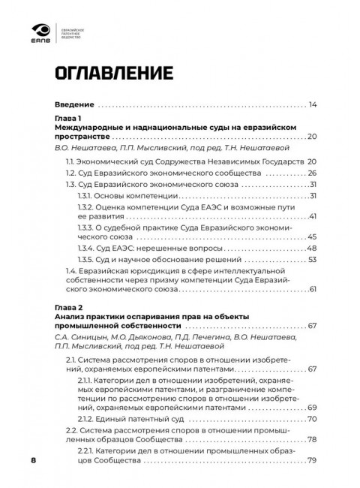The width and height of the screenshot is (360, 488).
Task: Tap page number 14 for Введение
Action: (x=313, y=104)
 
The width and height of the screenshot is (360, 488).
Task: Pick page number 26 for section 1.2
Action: (x=313, y=173)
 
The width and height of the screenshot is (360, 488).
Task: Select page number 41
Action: (x=313, y=216)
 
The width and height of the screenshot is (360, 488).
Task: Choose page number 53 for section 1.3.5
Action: (x=313, y=259)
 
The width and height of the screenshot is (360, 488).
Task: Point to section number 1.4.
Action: (x=71, y=270)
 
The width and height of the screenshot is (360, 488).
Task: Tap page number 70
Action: (x=313, y=418)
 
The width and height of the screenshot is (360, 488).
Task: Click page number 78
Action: (x=313, y=440)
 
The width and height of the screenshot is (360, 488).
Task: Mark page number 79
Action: (x=313, y=461)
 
